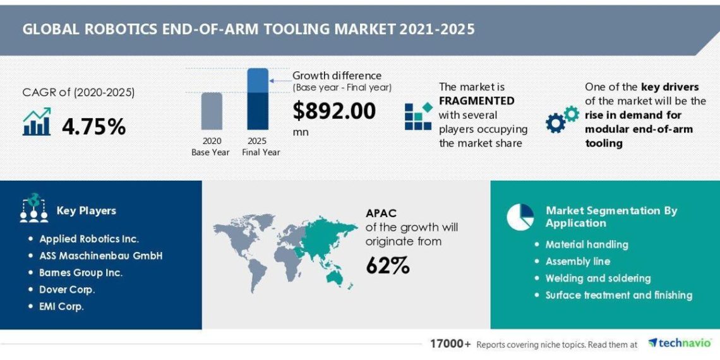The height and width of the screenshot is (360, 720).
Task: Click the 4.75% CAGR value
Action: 93,126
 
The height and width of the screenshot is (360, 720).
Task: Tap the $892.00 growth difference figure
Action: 333,111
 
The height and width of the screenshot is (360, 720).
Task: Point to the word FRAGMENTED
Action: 476,101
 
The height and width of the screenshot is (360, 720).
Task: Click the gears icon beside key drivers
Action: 562,119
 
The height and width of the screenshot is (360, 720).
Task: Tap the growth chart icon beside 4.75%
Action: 37,122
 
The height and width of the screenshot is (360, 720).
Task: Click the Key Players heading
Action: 87,211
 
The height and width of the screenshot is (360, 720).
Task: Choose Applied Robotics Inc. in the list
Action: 89,239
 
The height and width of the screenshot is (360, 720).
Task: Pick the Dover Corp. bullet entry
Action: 67,290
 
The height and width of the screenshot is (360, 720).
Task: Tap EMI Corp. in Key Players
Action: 61,307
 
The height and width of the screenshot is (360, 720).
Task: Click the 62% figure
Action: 387,266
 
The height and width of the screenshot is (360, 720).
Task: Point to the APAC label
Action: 381,213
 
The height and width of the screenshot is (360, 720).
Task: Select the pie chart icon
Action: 520,217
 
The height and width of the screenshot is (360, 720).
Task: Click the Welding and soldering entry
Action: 597,279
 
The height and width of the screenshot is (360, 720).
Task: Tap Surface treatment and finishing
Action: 618,295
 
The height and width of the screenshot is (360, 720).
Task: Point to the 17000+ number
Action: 450,344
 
